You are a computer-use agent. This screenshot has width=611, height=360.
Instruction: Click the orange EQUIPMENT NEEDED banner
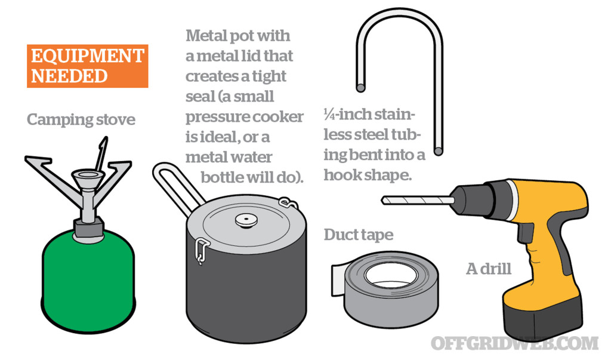click(87, 66)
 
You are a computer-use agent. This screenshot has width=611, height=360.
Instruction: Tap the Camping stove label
click(81, 120)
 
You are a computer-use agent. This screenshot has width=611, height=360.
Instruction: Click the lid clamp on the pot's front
click(202, 250)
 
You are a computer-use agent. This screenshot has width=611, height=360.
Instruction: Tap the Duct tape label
click(358, 235)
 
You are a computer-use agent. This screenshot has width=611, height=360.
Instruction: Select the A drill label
click(488, 269)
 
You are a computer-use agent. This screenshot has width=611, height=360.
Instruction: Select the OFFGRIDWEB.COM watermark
click(514, 343)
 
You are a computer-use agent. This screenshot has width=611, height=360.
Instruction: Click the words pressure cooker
click(244, 117)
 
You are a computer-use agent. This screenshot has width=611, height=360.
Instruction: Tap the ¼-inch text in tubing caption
click(341, 116)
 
